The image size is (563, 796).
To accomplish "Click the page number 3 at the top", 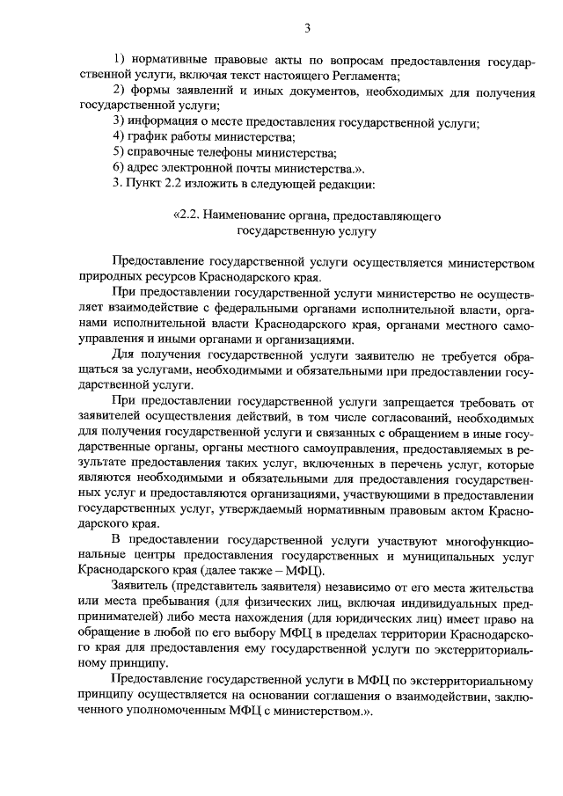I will [x=308, y=30].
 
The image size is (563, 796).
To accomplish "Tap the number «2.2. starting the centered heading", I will [x=189, y=215].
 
